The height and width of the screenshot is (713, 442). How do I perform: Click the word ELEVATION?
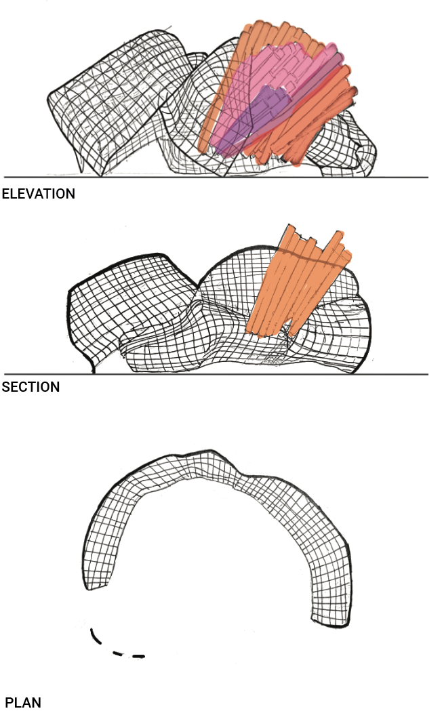point(39,194)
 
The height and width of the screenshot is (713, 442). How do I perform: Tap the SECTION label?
point(31,387)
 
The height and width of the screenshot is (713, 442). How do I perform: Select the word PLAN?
point(23,702)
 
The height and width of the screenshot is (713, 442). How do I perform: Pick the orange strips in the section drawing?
point(298,285)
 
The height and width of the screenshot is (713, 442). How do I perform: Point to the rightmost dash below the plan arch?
point(139,656)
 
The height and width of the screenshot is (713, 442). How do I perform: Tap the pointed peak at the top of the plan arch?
point(213,450)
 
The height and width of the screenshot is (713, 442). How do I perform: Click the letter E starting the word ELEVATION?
point(6,194)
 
